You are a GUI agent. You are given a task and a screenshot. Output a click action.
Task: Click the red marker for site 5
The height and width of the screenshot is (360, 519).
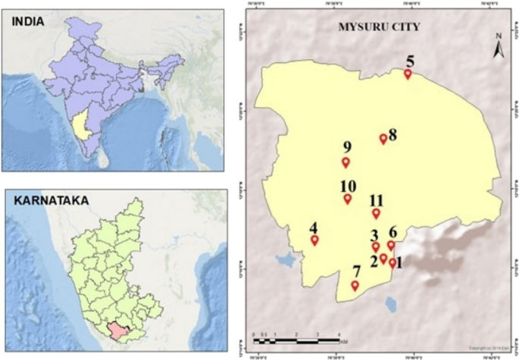408,74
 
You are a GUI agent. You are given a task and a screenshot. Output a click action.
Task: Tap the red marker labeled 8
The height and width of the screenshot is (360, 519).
383,139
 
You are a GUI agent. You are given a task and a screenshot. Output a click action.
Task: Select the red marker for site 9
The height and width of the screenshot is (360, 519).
345,162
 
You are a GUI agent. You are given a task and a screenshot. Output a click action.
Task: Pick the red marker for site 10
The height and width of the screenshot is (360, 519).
348,199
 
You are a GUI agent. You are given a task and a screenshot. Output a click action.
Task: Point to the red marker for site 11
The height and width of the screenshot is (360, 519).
376,213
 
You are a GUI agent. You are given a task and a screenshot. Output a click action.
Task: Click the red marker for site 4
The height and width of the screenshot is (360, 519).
314,240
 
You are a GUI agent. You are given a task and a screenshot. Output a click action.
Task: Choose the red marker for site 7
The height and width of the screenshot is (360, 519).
355,285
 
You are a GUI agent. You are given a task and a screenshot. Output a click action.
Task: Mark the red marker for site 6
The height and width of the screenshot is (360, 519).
391,245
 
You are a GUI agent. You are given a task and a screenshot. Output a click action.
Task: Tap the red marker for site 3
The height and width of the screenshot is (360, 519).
375,246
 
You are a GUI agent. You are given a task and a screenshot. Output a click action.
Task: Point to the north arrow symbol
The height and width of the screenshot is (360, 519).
499,47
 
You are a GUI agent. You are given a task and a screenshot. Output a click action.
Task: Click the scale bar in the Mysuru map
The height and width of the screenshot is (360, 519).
296,343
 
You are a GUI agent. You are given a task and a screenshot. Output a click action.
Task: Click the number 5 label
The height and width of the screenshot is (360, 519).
410,61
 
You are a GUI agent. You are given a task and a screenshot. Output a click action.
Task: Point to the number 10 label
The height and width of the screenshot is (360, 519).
349,186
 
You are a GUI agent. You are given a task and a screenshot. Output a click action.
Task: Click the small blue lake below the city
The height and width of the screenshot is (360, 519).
390,304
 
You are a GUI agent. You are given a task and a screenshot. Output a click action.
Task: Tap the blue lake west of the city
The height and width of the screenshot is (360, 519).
285,261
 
